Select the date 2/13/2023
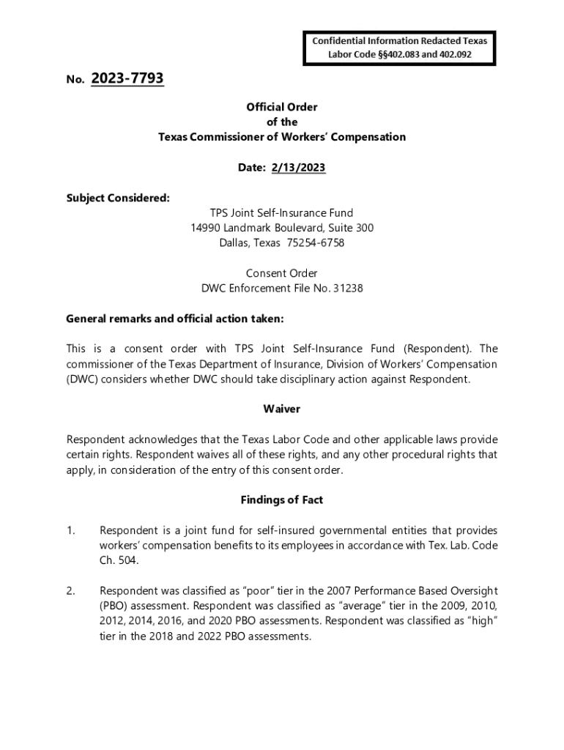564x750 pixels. (298, 168)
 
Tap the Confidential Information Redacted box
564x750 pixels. (399, 48)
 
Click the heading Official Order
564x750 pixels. (282, 107)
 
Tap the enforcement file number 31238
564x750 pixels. (348, 288)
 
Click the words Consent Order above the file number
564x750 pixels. (282, 273)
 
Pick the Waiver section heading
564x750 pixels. (282, 409)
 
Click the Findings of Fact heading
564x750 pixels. (282, 500)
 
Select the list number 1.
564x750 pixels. (71, 530)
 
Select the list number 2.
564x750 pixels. (71, 590)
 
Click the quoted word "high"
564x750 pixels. (480, 621)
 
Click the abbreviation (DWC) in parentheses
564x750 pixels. (81, 379)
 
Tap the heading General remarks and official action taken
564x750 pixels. (174, 319)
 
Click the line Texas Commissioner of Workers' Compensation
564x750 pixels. (282, 137)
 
